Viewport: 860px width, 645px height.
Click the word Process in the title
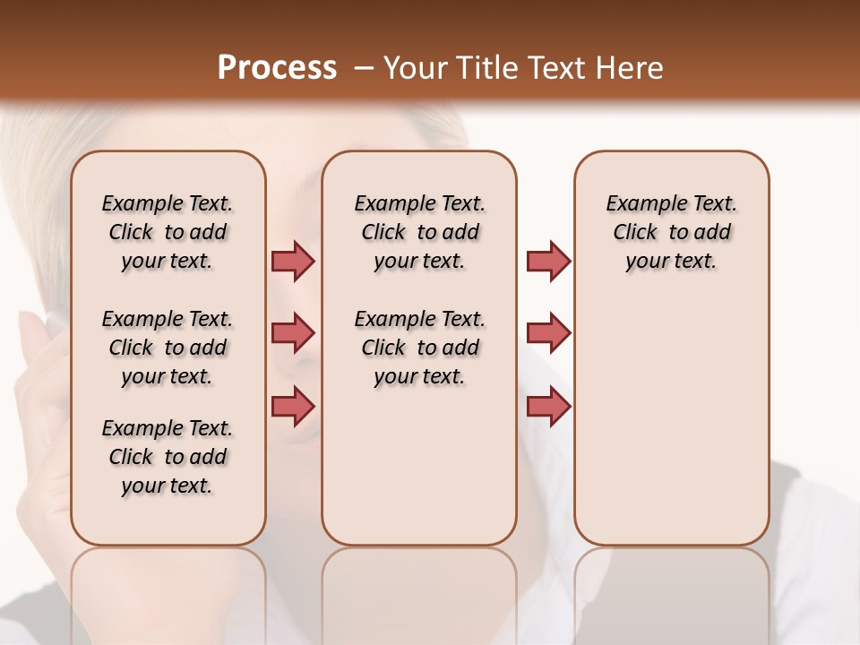pyautogui.click(x=277, y=68)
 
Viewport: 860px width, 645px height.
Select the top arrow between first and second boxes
pyautogui.click(x=293, y=261)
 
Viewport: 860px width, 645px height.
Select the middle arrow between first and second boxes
pyautogui.click(x=293, y=333)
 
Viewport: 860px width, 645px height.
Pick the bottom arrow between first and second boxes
pyautogui.click(x=293, y=406)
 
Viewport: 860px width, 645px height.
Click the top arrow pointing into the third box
pyautogui.click(x=548, y=261)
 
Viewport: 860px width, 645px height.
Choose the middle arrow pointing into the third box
pyautogui.click(x=548, y=333)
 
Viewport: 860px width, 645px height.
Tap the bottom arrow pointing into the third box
pyautogui.click(x=548, y=406)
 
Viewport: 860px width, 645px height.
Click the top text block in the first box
pyautogui.click(x=168, y=232)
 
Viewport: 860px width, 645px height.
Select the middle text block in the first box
pyautogui.click(x=168, y=348)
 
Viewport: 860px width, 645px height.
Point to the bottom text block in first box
pyautogui.click(x=168, y=457)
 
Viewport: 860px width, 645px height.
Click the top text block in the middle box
pyautogui.click(x=419, y=232)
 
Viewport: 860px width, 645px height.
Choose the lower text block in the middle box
pyautogui.click(x=419, y=348)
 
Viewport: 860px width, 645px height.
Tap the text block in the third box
pyautogui.click(x=672, y=232)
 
